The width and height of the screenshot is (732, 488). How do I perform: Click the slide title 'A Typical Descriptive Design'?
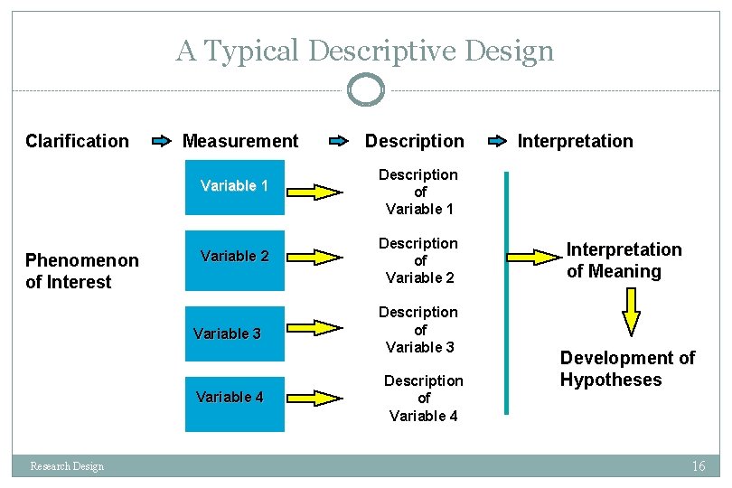364,51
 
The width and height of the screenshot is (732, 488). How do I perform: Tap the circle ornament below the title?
366,90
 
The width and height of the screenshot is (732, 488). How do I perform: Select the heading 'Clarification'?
77,141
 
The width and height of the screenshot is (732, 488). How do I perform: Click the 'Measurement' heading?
239,141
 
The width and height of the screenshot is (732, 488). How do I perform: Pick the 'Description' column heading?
414,141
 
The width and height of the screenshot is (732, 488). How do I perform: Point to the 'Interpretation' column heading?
575,141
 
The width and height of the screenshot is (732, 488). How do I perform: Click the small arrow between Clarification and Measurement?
161,141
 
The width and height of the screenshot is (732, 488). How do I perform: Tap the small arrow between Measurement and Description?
338,141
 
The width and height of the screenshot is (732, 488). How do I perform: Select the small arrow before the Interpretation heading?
497,141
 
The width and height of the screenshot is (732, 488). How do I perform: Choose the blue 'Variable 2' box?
234,257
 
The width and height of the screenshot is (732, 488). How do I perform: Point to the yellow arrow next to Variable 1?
316,192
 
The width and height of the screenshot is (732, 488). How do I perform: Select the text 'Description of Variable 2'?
418,260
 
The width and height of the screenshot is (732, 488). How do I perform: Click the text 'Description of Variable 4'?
423,399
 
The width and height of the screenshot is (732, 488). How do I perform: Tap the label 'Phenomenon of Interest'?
82,271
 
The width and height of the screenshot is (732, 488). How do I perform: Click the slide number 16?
698,466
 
